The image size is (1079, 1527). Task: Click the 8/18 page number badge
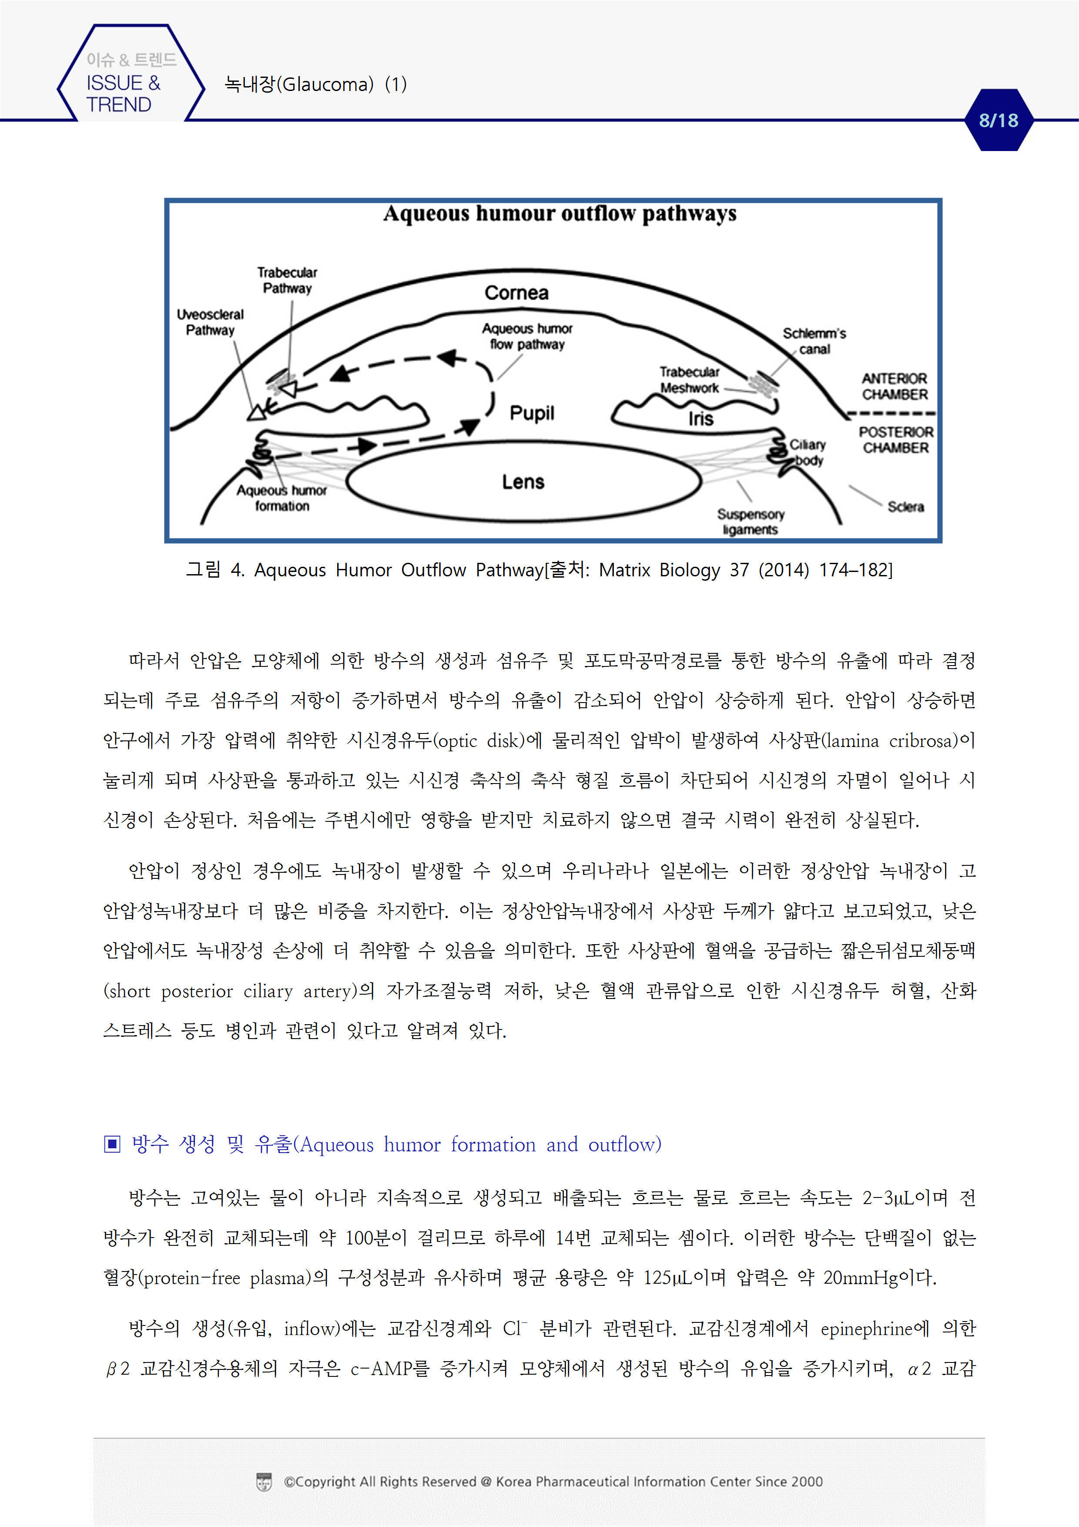(x=998, y=121)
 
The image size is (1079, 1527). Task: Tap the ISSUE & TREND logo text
(x=124, y=94)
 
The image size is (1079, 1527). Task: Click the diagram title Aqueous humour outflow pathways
(x=560, y=213)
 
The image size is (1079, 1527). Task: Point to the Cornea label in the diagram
(x=516, y=293)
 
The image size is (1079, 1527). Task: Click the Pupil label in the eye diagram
(x=532, y=413)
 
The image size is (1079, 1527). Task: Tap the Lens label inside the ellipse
(x=523, y=481)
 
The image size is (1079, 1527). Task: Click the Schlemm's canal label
(x=814, y=341)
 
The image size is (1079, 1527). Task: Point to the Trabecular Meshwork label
(x=690, y=380)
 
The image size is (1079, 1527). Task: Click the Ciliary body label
(x=808, y=452)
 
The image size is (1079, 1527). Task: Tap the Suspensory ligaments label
(x=751, y=521)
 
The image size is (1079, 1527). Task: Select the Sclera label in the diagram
(x=905, y=507)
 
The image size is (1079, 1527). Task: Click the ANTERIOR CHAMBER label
(x=895, y=387)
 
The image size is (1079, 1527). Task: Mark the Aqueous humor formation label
(x=282, y=498)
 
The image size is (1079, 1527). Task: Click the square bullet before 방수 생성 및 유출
(x=112, y=1144)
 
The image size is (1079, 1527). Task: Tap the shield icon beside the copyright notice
(x=264, y=1482)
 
